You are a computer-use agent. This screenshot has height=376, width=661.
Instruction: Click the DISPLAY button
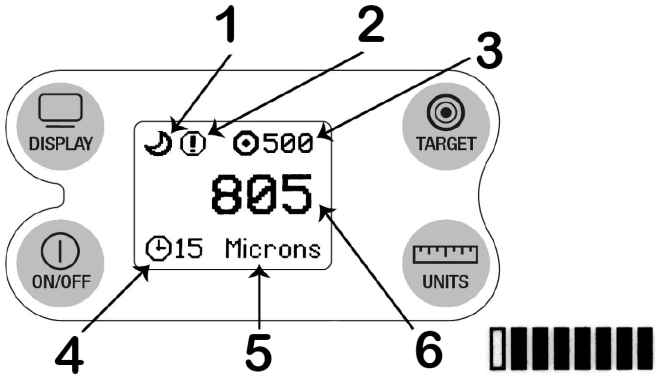[61, 125]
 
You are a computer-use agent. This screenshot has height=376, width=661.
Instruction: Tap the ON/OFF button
[61, 262]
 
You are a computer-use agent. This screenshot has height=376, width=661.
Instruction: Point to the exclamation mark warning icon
[193, 144]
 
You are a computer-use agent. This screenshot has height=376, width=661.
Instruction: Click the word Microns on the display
[273, 249]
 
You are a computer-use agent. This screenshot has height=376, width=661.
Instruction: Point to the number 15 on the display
[189, 249]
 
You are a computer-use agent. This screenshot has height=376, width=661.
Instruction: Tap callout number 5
[258, 352]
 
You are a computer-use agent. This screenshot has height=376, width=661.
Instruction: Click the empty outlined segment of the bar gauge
[497, 348]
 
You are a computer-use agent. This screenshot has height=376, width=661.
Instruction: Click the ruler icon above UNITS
[445, 253]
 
